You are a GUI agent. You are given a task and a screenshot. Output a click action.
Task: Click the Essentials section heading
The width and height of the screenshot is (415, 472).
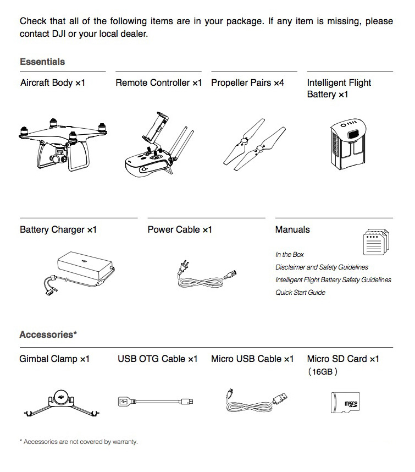pyautogui.click(x=42, y=62)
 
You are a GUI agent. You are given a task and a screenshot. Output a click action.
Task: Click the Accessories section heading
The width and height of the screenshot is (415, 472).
pyautogui.click(x=48, y=334)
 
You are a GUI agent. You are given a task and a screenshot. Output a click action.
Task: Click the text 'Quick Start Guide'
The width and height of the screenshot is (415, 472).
pyautogui.click(x=300, y=293)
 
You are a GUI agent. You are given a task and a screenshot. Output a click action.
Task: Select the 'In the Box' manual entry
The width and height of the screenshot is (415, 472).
pyautogui.click(x=289, y=255)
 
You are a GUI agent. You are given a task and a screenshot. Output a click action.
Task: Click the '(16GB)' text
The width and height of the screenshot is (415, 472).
pyautogui.click(x=323, y=371)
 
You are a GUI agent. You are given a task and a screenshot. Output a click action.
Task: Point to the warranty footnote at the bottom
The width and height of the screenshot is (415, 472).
pyautogui.click(x=79, y=442)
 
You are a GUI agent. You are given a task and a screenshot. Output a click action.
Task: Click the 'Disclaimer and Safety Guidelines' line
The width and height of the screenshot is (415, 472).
pyautogui.click(x=322, y=267)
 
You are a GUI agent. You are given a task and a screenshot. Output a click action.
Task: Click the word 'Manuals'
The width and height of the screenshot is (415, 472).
pyautogui.click(x=292, y=229)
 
